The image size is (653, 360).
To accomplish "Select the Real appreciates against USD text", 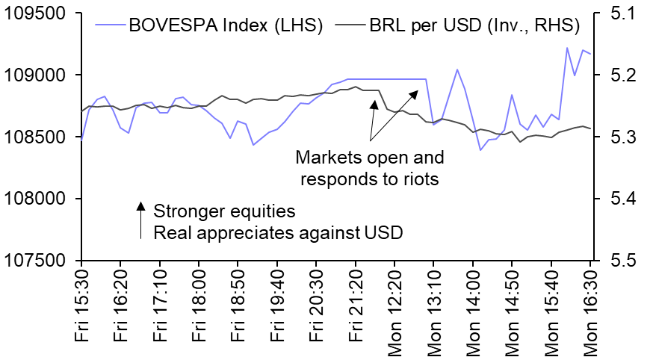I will (278, 232).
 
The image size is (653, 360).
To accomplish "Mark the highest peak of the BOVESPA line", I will (567, 48).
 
